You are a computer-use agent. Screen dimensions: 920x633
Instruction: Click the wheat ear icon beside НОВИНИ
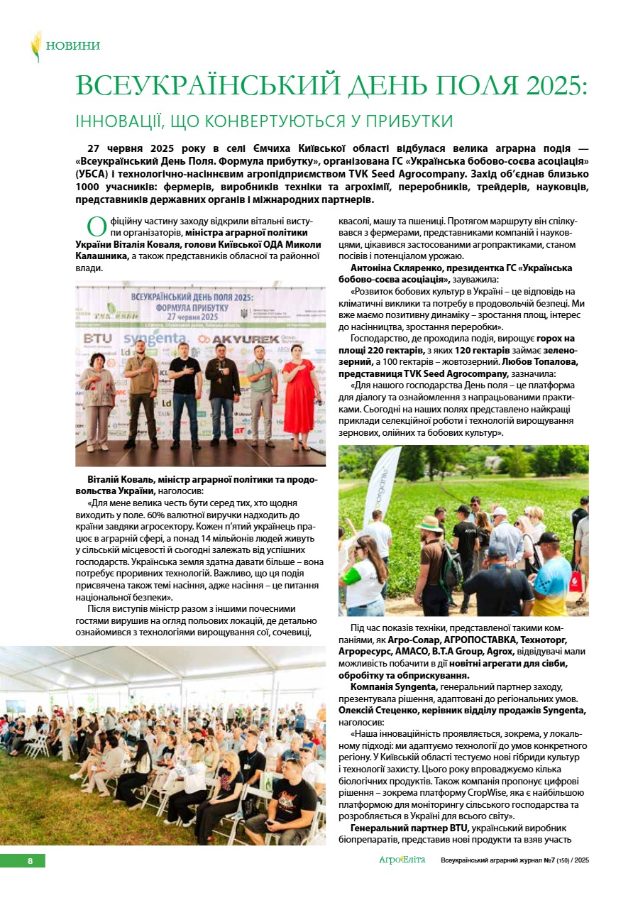[35, 46]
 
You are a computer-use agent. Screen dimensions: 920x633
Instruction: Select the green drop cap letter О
[97, 228]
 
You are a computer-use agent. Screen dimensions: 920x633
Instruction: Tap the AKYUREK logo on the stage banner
[243, 339]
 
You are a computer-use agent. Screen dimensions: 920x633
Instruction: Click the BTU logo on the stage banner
[97, 339]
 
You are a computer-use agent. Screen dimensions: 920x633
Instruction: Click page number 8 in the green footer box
[30, 861]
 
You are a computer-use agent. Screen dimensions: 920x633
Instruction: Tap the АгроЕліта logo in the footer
[402, 860]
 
